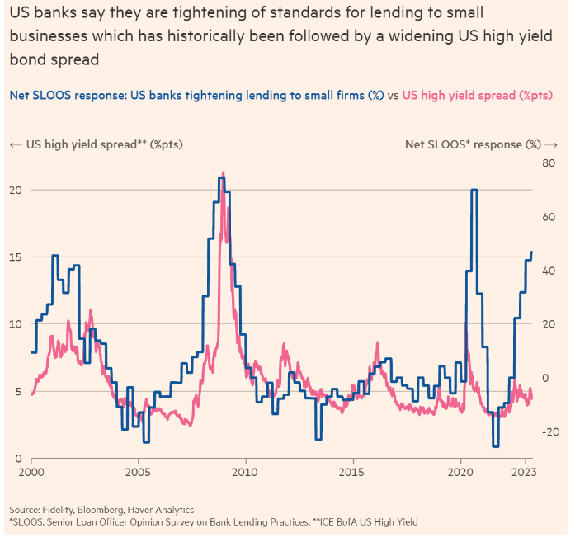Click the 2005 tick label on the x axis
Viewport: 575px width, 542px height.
coord(139,474)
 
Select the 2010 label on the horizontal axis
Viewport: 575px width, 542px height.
coord(245,474)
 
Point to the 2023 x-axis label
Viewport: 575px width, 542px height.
coord(524,474)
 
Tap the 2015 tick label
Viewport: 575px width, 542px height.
coord(352,474)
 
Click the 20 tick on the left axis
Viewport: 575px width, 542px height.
coord(15,190)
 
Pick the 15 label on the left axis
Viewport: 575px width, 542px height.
coord(15,257)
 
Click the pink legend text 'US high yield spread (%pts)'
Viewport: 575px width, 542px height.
coord(478,95)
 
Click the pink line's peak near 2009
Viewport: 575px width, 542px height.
coord(223,173)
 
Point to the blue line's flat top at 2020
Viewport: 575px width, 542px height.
coord(474,190)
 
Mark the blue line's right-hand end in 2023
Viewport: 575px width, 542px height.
coord(532,252)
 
